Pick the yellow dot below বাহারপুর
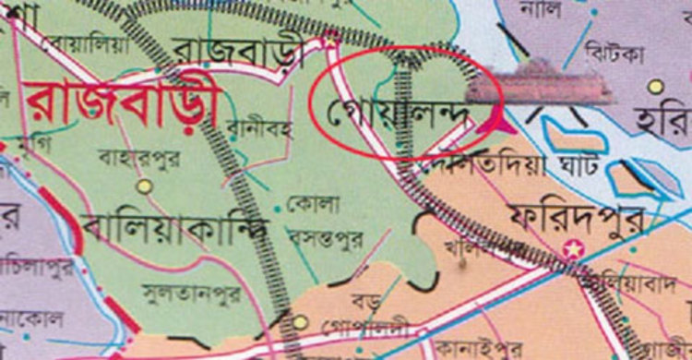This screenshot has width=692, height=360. coord(144,186)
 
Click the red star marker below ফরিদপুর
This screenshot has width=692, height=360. coord(575,248)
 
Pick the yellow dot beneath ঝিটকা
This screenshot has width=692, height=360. coord(656,87)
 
